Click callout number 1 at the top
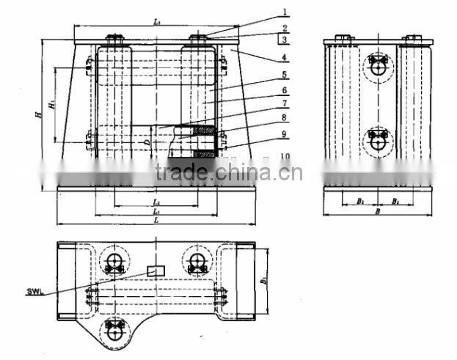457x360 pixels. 285,12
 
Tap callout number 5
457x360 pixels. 285,74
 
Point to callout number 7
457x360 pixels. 285,104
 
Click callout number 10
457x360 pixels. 285,156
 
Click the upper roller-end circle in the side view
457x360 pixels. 378,66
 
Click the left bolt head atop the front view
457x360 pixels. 114,38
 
